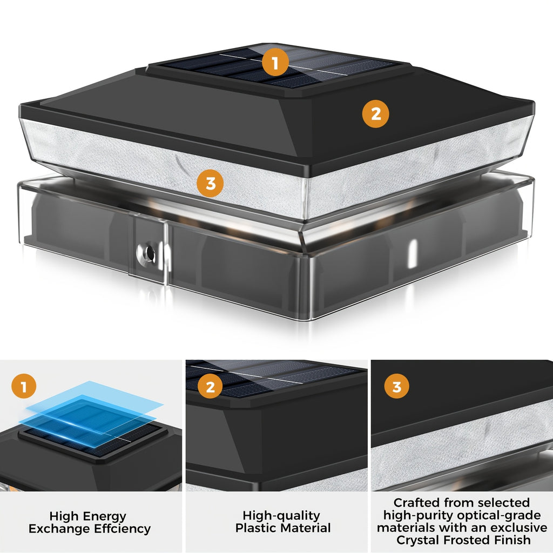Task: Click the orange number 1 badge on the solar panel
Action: [275, 63]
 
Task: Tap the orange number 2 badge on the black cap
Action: [376, 114]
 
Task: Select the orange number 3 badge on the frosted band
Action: [210, 184]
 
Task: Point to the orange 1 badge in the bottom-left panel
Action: [24, 387]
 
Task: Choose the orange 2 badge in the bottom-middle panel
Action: [210, 387]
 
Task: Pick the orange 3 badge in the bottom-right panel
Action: [397, 387]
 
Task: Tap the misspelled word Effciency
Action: [123, 529]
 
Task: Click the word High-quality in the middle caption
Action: [281, 516]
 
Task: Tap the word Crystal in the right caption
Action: [418, 540]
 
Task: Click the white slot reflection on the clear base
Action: [412, 253]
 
